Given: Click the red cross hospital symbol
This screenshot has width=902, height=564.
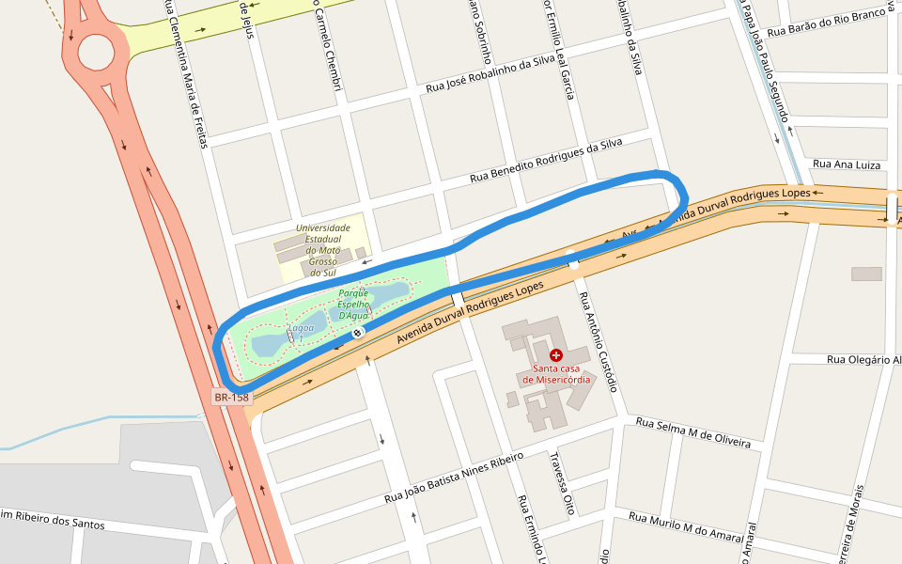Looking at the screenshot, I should point(556,355).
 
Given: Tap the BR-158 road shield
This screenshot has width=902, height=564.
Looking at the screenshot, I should point(231,398).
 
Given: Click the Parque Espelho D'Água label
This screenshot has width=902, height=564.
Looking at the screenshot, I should point(353,305).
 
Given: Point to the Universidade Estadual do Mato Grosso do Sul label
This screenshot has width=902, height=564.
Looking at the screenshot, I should point(322,250).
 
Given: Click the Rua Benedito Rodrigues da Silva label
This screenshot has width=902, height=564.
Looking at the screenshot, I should point(546,161).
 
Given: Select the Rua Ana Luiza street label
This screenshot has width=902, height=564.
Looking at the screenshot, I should point(847,164).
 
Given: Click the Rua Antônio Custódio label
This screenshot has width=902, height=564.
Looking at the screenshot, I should point(598,341).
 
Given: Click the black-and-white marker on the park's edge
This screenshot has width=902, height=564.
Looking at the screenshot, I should point(357,333).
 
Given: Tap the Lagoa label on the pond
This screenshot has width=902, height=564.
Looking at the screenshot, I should point(302,328).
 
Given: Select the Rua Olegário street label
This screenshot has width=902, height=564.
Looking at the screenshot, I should point(863,360).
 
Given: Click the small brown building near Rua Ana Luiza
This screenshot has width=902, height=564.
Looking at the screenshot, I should point(866,274).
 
